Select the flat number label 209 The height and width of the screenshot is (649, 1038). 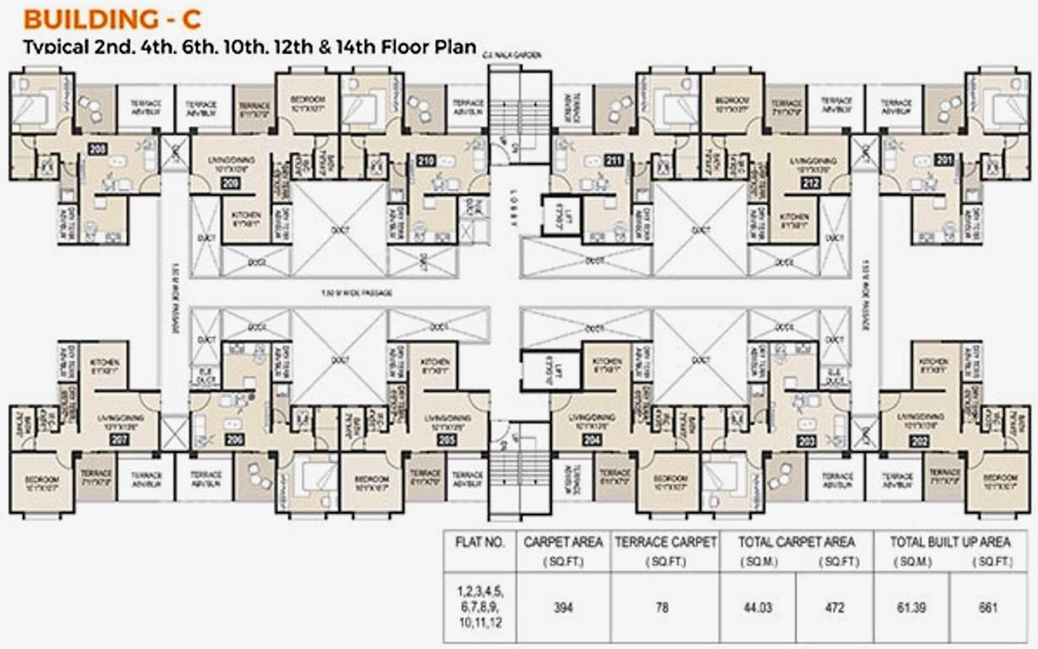point(231,182)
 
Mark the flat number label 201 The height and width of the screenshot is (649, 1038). point(943,160)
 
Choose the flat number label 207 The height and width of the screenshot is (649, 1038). point(118,439)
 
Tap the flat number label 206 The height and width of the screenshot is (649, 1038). point(234,439)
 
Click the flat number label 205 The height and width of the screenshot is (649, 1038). point(447,439)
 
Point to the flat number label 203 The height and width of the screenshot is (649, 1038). point(806,439)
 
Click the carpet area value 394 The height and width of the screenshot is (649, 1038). point(562,608)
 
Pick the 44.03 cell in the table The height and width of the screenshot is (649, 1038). point(758,608)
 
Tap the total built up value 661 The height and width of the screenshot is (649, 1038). point(989,608)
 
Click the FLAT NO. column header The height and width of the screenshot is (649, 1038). point(478,542)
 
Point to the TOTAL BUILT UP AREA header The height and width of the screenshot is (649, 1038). point(949,542)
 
